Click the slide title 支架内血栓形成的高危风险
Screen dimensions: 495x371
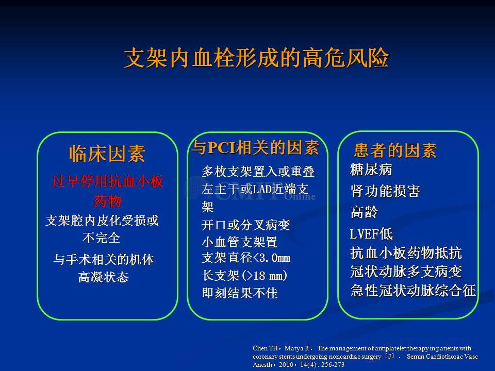pos(256,58)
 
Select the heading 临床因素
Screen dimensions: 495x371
pos(107,154)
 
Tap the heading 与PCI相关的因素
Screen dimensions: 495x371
pos(256,147)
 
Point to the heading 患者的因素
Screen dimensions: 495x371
pos(395,150)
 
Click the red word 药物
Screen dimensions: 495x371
pos(108,201)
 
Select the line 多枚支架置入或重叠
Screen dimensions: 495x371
pos(258,172)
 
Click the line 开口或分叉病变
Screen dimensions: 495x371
pos(245,225)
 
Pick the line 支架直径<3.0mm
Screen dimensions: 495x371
pos(246,258)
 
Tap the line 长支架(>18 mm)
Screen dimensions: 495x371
pos(244,275)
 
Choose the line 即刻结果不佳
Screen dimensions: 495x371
pos(240,293)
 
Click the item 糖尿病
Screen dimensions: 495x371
pos(371,170)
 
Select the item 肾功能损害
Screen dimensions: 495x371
pos(385,191)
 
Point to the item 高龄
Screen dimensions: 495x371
pos(364,212)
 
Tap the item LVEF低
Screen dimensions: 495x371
pos(371,234)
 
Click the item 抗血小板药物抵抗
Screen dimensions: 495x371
pos(406,253)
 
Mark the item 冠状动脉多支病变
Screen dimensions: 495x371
pos(406,272)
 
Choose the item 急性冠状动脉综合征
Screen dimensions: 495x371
pos(413,290)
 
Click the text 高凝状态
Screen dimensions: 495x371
pos(104,277)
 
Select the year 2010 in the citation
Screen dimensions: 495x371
pos(286,365)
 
